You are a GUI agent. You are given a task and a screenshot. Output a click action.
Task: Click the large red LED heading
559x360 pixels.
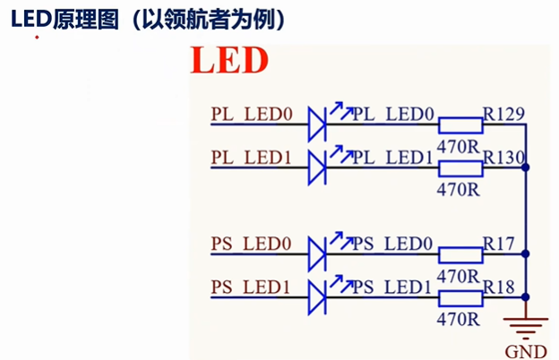229,60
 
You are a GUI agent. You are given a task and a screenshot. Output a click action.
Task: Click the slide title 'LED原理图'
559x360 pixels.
64,19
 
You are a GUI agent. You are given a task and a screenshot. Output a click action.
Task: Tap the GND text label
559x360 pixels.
526,352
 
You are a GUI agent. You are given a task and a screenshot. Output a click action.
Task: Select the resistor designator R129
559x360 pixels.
503,114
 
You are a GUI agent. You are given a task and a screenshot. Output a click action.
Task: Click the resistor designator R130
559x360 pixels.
504,158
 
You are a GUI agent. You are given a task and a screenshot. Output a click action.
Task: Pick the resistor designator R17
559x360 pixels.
498,244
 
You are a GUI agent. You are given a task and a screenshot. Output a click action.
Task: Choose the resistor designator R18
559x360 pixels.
498,287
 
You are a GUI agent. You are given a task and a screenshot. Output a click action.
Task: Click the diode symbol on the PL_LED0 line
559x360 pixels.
317,124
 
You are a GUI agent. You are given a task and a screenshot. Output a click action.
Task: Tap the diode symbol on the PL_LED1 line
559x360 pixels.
317,167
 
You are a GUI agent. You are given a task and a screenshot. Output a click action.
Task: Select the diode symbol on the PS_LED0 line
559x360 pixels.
317,254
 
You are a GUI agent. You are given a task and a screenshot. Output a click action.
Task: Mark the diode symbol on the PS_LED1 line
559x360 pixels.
317,297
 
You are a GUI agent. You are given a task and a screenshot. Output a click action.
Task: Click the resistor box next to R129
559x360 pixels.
460,125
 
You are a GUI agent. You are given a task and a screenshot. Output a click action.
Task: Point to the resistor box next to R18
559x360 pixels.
460,298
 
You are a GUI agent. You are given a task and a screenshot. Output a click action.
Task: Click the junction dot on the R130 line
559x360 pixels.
525,167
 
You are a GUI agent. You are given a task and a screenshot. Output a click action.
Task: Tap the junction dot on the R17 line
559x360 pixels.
525,253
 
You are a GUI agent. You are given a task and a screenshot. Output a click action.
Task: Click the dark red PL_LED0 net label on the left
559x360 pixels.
252,115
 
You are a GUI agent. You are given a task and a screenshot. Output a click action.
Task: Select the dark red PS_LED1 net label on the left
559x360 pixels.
251,287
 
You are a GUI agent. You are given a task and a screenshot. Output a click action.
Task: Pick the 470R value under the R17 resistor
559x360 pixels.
459,276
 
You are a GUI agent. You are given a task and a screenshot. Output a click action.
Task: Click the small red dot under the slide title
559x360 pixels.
37,37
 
